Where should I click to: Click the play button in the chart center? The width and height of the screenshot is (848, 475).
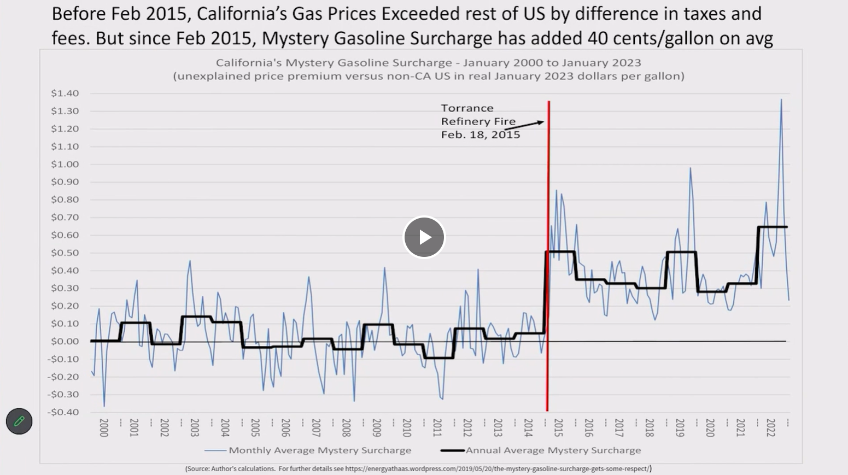tap(424, 237)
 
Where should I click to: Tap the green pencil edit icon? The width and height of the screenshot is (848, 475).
tap(19, 421)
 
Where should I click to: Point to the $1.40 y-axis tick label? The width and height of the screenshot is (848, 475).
tap(65, 93)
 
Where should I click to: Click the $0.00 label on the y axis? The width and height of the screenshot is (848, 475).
tap(65, 342)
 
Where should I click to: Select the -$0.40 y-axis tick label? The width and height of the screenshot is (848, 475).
tap(63, 412)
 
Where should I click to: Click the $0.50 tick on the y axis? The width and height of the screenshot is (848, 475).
tap(65, 253)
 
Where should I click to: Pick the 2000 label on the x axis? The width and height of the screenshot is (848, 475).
tap(104, 428)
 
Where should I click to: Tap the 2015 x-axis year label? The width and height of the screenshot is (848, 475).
tap(558, 428)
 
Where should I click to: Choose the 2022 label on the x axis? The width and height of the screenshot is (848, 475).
tap(770, 428)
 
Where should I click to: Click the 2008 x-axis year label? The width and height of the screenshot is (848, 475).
tap(346, 428)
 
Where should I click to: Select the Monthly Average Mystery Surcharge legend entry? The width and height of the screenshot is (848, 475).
tap(319, 450)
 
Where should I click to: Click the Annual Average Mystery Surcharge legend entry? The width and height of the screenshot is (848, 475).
tap(553, 450)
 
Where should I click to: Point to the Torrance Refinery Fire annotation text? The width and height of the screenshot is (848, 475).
tap(479, 121)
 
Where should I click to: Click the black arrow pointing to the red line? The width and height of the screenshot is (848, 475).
tap(524, 126)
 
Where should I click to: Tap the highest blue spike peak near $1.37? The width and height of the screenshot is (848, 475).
tap(781, 100)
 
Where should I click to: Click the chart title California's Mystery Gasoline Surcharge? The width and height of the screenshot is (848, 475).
tap(428, 63)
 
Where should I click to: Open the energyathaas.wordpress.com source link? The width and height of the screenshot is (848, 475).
tap(496, 468)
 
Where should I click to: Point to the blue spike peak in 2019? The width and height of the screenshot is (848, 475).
tap(690, 168)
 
